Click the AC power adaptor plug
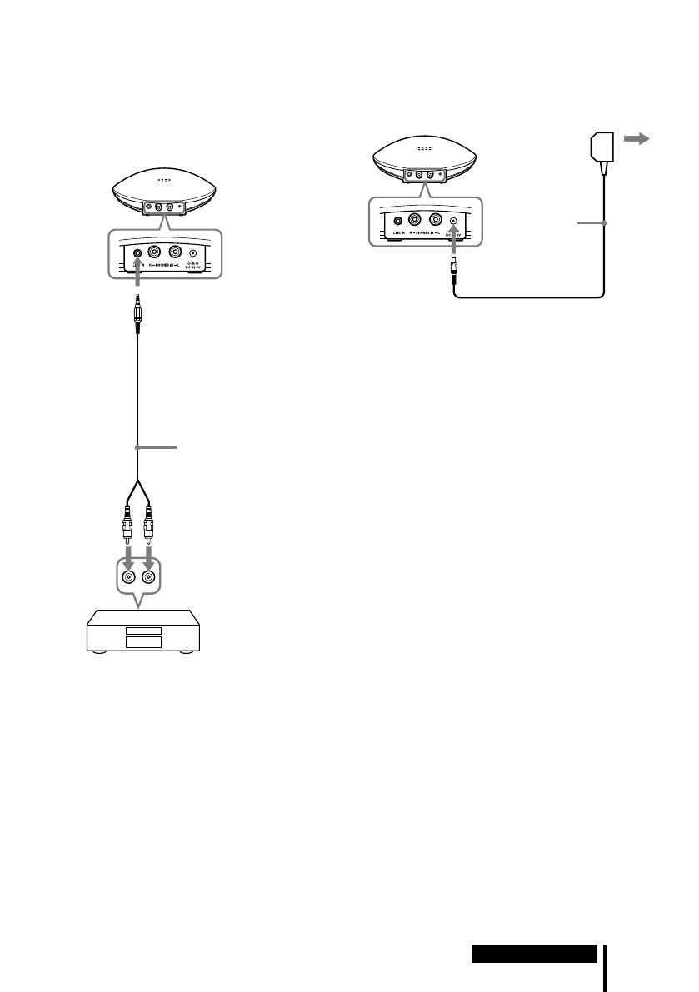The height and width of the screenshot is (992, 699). (x=601, y=149)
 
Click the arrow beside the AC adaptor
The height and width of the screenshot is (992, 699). (x=637, y=142)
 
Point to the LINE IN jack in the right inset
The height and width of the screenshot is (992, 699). (x=397, y=223)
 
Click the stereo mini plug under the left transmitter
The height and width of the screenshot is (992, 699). (x=136, y=315)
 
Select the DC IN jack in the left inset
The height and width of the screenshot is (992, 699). (x=193, y=253)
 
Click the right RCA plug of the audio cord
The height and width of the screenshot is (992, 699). (x=148, y=521)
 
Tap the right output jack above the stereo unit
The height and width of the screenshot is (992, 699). (x=148, y=576)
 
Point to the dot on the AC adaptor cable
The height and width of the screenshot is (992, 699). (x=603, y=223)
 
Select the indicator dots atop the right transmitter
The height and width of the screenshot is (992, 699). (x=425, y=148)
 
